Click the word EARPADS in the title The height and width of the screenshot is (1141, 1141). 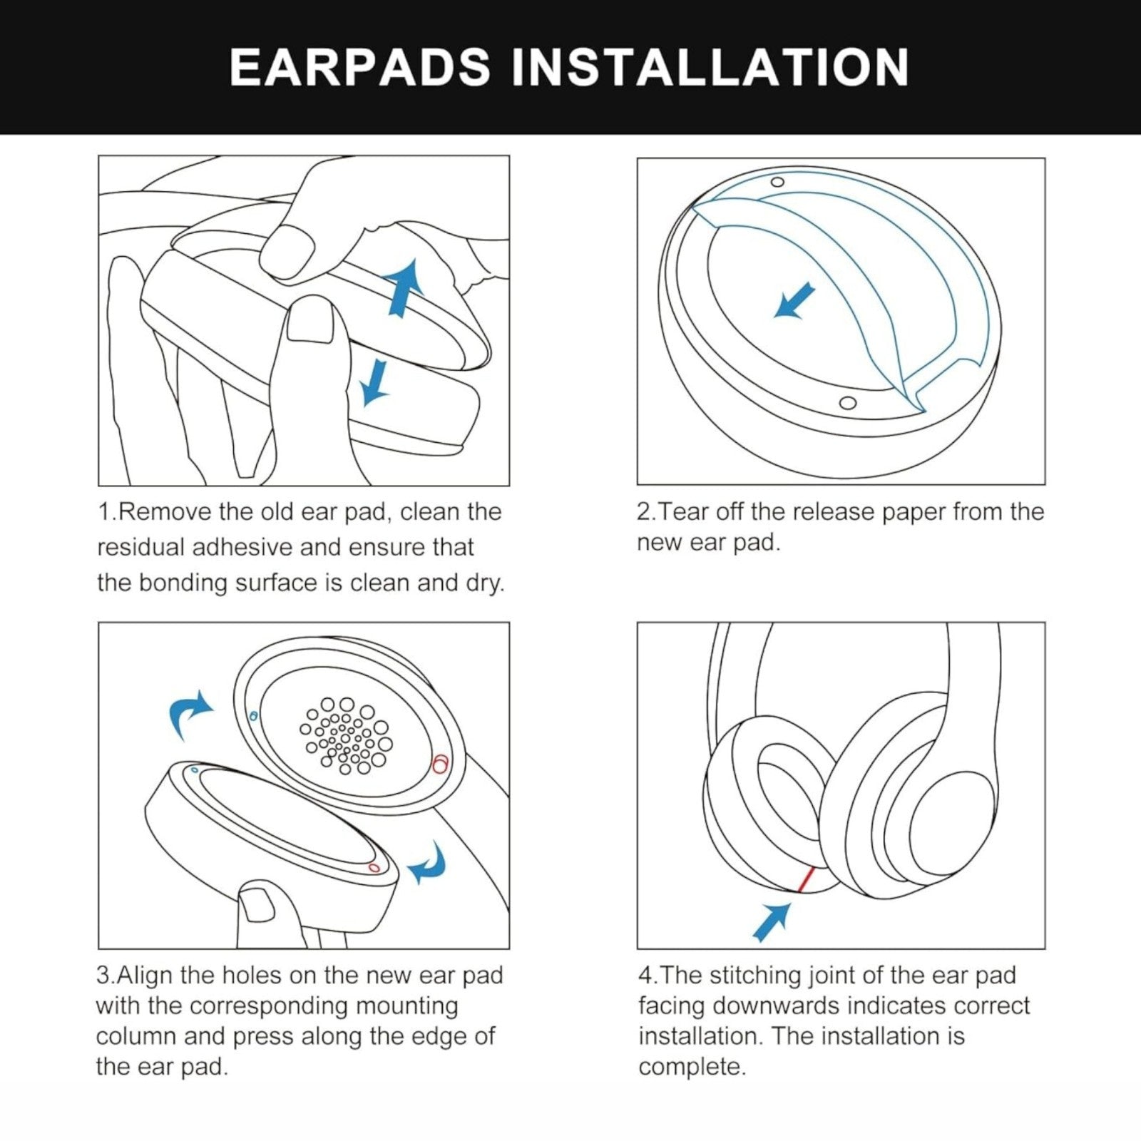[360, 67]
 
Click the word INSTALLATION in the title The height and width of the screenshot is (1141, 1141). [710, 67]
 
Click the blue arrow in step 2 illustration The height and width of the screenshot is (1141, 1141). [794, 300]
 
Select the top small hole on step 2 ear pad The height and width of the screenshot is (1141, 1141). [777, 182]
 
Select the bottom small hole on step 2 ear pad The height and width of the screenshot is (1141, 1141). [847, 403]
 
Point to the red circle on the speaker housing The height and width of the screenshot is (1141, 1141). [440, 764]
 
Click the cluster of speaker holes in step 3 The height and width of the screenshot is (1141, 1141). [346, 735]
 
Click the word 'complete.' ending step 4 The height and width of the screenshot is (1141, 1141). [692, 1068]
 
